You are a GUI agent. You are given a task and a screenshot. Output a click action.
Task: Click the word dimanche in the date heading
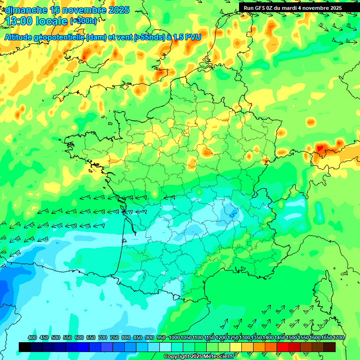coord(26,10)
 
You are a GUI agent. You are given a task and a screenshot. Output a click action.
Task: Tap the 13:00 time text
coord(19,21)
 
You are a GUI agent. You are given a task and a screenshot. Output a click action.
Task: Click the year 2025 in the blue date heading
coord(119,10)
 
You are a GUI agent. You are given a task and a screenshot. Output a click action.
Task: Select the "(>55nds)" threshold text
coord(152,37)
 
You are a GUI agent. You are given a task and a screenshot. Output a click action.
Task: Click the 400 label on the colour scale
coord(32,337)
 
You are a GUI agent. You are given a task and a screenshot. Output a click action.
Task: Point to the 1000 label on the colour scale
coord(174,337)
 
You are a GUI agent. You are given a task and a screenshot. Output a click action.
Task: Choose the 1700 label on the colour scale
coord(338,337)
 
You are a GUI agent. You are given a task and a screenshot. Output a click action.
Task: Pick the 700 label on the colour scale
coord(103,337)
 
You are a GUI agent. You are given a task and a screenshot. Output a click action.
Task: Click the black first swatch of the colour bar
coord(25,347)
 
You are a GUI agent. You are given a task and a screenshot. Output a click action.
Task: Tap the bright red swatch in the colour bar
coord(283,347)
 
